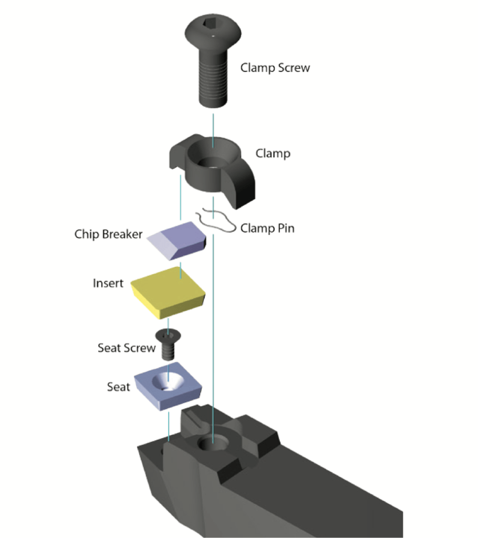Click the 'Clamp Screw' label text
[x=275, y=68]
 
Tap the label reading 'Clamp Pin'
[x=267, y=228]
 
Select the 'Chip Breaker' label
[x=108, y=234]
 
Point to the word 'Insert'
[x=108, y=283]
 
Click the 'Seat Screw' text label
[x=127, y=348]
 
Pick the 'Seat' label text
[x=118, y=387]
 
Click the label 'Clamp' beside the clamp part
[x=273, y=153]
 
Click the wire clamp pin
[x=216, y=221]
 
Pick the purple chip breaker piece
[x=176, y=240]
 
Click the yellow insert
[x=168, y=293]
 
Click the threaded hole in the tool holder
[x=213, y=444]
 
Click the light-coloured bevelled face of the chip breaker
[x=162, y=244]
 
